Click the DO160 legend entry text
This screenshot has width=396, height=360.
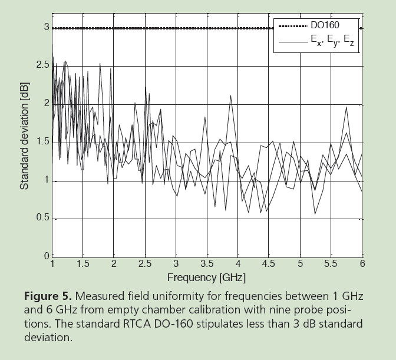coord(325,26)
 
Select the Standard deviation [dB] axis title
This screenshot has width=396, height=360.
coord(25,142)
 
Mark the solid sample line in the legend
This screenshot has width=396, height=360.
coord(293,42)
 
